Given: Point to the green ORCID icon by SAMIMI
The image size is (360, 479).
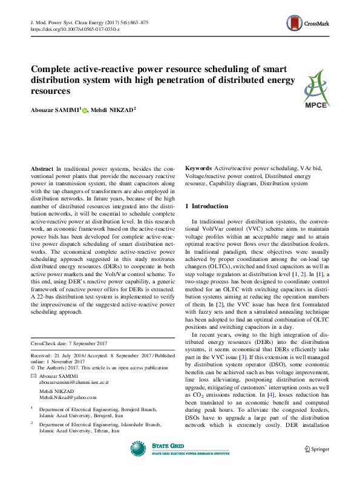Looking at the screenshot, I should pyautogui.click(x=85, y=110).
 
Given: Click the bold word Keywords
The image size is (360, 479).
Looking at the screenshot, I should pyautogui.click(x=198, y=168).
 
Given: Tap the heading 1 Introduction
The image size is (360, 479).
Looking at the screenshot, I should pyautogui.click(x=206, y=206).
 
